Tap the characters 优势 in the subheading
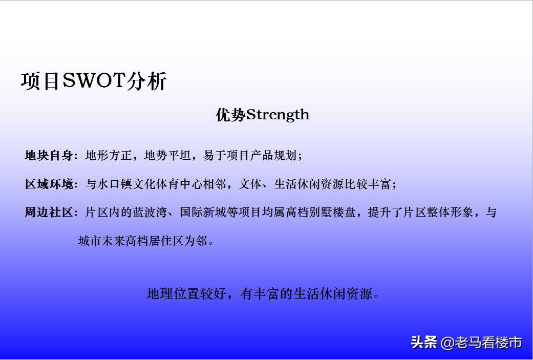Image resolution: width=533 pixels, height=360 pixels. tap(230, 115)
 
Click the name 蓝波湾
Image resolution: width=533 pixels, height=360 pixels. tap(148, 213)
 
